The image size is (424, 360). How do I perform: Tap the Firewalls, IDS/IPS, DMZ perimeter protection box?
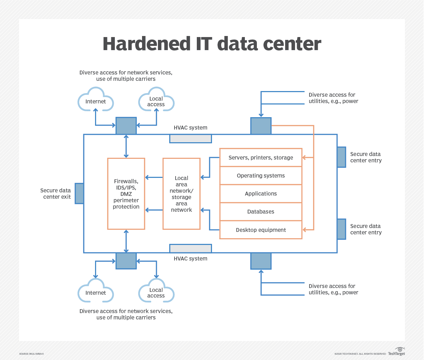pyautogui.click(x=126, y=194)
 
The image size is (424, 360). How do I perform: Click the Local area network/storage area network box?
pyautogui.click(x=182, y=194)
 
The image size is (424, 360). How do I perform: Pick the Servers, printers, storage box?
pyautogui.click(x=261, y=157)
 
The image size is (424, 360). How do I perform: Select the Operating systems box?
pyautogui.click(x=261, y=176)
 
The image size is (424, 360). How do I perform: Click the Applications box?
pyautogui.click(x=261, y=194)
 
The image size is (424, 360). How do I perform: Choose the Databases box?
pyautogui.click(x=261, y=212)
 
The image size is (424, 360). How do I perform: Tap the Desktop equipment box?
pyautogui.click(x=261, y=230)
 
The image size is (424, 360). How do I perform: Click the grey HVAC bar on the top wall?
pyautogui.click(x=190, y=138)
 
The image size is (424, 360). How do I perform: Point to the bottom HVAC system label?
pyautogui.click(x=190, y=259)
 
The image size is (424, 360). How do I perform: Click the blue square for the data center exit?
pyautogui.click(x=79, y=193)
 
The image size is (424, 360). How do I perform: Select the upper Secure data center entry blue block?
pyautogui.click(x=341, y=157)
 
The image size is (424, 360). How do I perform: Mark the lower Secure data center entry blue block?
pyautogui.click(x=341, y=229)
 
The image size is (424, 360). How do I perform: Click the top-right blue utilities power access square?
pyautogui.click(x=261, y=126)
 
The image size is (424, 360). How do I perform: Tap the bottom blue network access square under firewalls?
pyautogui.click(x=126, y=261)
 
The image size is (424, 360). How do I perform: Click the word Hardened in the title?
pyautogui.click(x=147, y=44)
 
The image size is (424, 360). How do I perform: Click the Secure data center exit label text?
pyautogui.click(x=55, y=194)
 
